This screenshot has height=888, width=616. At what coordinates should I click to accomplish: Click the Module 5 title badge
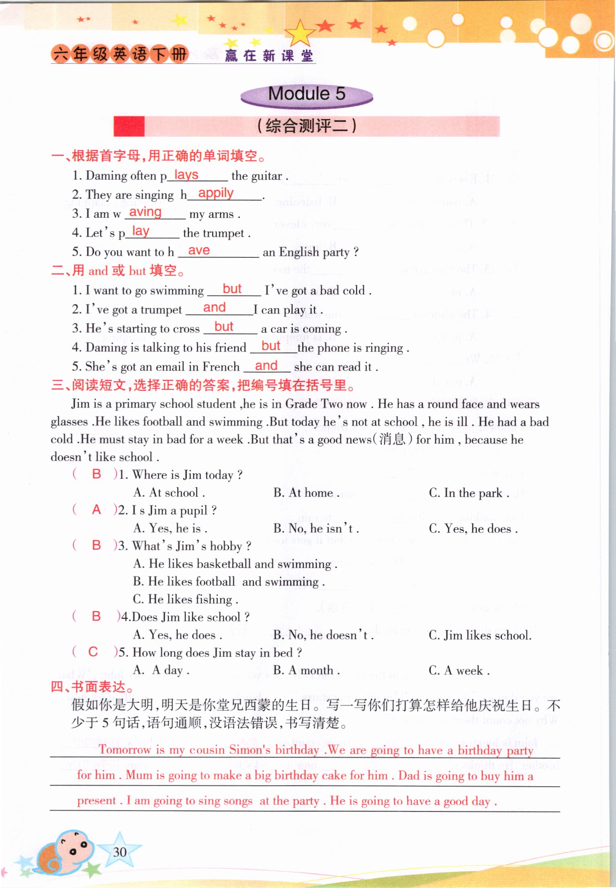306,94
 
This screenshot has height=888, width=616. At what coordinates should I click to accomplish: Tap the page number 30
120,851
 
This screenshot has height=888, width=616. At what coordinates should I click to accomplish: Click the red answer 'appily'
216,193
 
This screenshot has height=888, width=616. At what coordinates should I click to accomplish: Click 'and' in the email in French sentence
266,365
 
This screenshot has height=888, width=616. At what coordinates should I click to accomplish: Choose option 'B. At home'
306,493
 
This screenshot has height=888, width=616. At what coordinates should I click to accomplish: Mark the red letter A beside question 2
97,510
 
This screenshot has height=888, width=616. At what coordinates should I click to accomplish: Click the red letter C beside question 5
93,652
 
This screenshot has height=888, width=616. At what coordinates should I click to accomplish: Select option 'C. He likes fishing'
185,599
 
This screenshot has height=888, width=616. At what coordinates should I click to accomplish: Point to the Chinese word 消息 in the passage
392,439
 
